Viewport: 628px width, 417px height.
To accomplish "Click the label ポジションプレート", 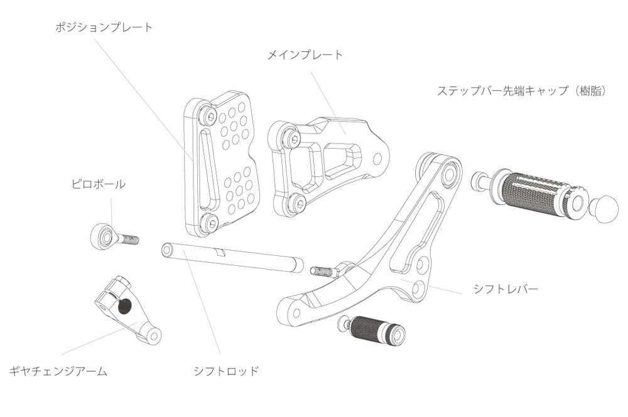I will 104,28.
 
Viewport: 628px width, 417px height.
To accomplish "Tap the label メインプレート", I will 305,55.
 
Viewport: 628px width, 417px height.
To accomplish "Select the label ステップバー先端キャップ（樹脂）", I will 521,91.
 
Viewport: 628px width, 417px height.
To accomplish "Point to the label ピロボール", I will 97,184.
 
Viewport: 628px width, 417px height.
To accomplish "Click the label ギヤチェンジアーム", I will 58,371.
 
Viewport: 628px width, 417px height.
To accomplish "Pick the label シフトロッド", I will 226,371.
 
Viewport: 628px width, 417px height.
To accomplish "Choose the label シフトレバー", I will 506,289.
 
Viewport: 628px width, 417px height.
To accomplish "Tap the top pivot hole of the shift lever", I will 448,175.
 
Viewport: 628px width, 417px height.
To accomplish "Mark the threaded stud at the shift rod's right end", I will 322,271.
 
